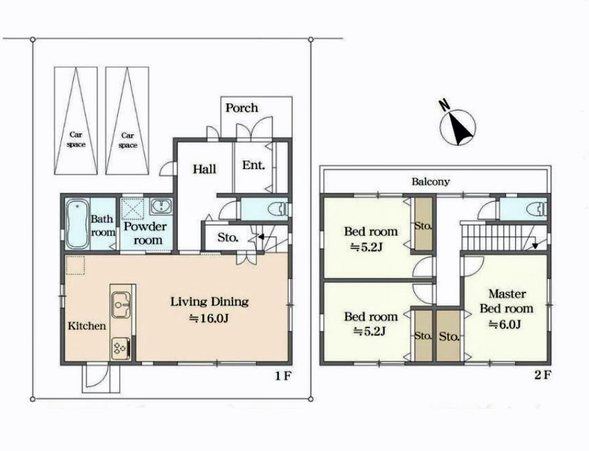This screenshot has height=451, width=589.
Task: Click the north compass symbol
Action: click(x=457, y=125)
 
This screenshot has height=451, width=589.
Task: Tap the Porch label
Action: click(x=242, y=108)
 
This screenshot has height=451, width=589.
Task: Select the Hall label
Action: click(x=205, y=169)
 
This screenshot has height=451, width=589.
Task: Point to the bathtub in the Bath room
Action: click(x=78, y=224)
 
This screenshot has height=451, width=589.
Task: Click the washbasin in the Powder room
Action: click(x=161, y=206)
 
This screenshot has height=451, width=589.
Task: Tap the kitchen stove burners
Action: click(x=121, y=348)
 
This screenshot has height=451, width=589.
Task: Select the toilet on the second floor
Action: click(x=537, y=209)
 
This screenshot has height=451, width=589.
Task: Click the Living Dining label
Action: click(x=210, y=302)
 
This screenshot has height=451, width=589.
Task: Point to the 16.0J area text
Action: click(x=209, y=318)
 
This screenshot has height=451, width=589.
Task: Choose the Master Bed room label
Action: click(x=507, y=301)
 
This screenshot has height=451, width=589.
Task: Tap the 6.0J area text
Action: click(x=505, y=324)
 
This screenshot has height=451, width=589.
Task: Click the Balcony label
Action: click(x=430, y=182)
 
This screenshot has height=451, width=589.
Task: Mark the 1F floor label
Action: click(x=283, y=375)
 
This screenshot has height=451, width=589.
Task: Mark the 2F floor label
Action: click(x=543, y=375)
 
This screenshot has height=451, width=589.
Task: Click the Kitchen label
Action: click(x=87, y=326)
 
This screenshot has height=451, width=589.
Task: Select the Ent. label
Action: click(x=253, y=165)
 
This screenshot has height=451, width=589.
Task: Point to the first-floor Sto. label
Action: click(x=228, y=238)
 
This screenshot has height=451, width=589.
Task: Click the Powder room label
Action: click(x=146, y=233)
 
